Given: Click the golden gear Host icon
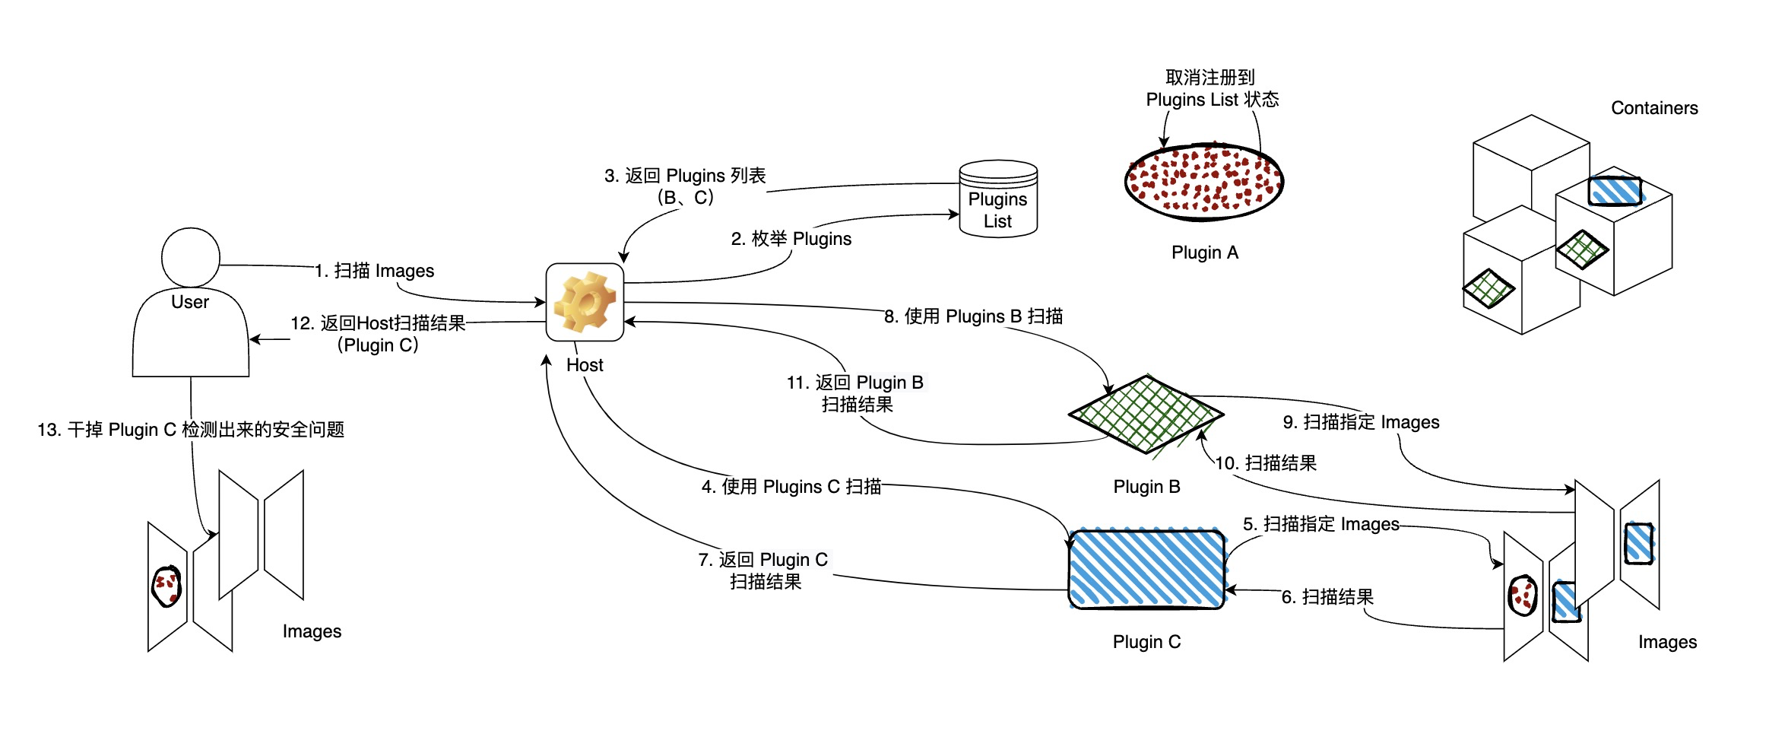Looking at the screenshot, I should point(585,302).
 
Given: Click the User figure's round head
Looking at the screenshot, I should point(190,257).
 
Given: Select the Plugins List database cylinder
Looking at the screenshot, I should point(997,199).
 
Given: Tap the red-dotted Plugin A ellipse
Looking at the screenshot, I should point(1203,182).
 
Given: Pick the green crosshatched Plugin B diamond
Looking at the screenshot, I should point(1146,415).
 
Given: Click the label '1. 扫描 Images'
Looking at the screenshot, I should point(374,271).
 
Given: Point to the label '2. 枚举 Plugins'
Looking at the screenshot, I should point(791,239).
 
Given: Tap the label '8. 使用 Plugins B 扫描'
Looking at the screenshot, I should point(973,316).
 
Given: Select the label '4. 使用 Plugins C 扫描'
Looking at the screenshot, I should point(791,487).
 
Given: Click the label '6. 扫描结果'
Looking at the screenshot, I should point(1327,597).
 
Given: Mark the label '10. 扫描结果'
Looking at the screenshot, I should point(1266,463).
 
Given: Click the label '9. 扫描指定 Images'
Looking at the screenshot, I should point(1361,422).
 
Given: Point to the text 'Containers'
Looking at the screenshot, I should point(1654,108).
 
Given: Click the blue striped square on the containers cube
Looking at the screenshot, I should point(1615,191).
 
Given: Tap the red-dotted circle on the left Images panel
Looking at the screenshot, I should point(166,586).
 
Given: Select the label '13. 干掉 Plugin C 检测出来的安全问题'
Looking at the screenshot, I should point(191,430).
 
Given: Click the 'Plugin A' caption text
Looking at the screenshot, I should point(1205,253).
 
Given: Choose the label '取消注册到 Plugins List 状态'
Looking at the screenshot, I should point(1212,89).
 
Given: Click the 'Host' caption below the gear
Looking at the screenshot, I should point(585,365).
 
